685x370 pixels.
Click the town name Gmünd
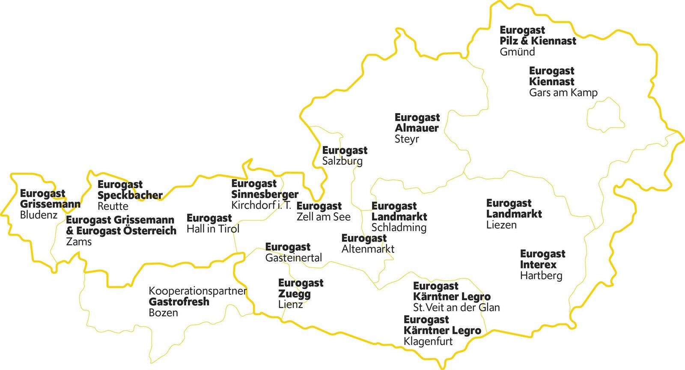pyautogui.click(x=517, y=52)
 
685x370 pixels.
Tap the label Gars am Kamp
pyautogui.click(x=563, y=92)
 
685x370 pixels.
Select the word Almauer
pyautogui.click(x=417, y=128)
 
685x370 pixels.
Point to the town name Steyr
pyautogui.click(x=407, y=139)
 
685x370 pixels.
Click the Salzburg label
pyautogui.click(x=342, y=161)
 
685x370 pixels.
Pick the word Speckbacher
pyautogui.click(x=130, y=195)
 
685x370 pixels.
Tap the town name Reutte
pyautogui.click(x=113, y=206)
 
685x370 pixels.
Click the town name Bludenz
pyautogui.click(x=39, y=215)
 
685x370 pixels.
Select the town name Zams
pyautogui.click(x=79, y=242)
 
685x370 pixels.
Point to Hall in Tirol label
pyautogui.click(x=213, y=229)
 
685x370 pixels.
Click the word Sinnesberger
pyautogui.click(x=265, y=194)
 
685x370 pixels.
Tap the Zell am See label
pyautogui.click(x=323, y=217)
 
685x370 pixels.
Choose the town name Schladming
pyautogui.click(x=399, y=228)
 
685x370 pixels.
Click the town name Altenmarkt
pyautogui.click(x=368, y=249)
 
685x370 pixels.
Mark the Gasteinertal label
pyautogui.click(x=293, y=258)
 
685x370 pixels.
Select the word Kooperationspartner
pyautogui.click(x=197, y=291)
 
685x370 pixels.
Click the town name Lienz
pyautogui.click(x=290, y=305)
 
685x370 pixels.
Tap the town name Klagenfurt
pyautogui.click(x=428, y=342)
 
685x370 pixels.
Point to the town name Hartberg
pyautogui.click(x=541, y=276)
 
